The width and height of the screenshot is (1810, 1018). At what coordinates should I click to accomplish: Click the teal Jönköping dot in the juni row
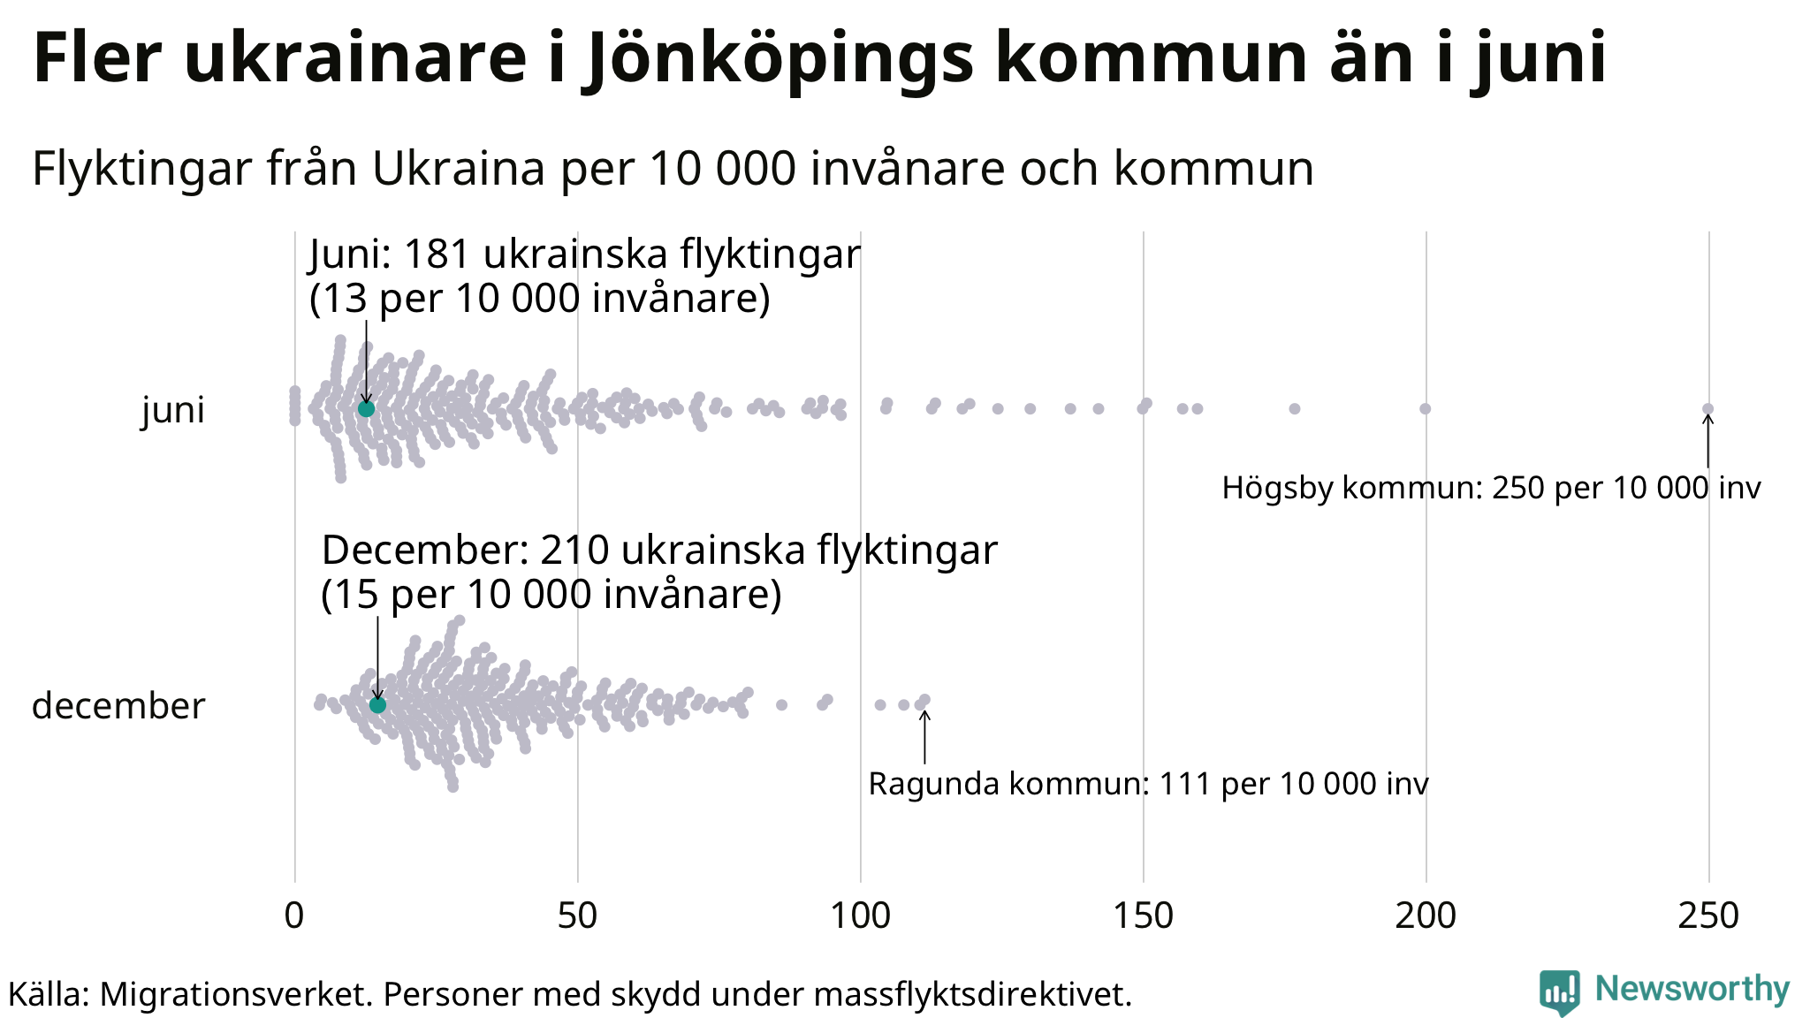coord(366,409)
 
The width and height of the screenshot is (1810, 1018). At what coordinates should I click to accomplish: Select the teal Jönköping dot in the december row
coord(377,705)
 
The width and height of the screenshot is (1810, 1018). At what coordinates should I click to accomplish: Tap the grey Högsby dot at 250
coord(1707,408)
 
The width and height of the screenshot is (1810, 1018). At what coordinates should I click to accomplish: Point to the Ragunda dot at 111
coord(924,700)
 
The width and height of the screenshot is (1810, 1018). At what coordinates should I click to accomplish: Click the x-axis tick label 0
coord(294,916)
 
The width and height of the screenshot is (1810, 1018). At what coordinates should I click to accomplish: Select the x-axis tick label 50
coord(577,916)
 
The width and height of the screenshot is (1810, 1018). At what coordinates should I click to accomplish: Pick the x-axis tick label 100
coord(860,916)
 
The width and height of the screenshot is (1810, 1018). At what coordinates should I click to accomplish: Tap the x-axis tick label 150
coord(1143,916)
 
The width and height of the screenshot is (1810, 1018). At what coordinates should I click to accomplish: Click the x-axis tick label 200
coord(1426,916)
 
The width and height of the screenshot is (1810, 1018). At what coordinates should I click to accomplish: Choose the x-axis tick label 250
coord(1708,916)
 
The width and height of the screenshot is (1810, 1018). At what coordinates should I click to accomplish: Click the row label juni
coord(173,410)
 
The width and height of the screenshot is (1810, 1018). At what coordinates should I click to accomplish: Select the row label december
coord(118,706)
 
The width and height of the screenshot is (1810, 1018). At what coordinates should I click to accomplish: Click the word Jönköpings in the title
coord(778,58)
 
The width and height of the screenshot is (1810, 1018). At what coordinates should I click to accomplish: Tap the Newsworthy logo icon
coord(1560,991)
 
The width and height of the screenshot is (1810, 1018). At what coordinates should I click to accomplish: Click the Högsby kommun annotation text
coord(1491,488)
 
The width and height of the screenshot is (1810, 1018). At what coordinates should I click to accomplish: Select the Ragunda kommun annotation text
coord(1148,784)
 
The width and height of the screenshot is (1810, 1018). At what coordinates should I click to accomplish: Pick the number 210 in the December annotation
coord(574,551)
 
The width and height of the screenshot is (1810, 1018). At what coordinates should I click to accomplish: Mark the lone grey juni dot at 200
coord(1425,408)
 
